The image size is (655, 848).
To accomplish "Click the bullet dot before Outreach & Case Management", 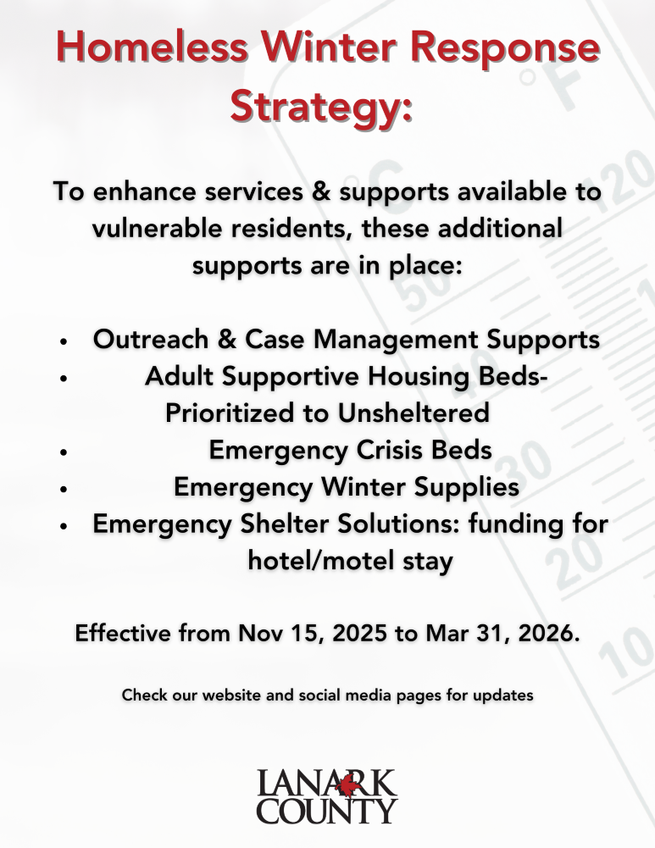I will [64, 342].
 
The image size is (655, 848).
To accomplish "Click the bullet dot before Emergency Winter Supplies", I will [64, 490].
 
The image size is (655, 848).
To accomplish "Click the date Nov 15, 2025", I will [311, 634].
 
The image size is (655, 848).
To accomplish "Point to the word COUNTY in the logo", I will [327, 811].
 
